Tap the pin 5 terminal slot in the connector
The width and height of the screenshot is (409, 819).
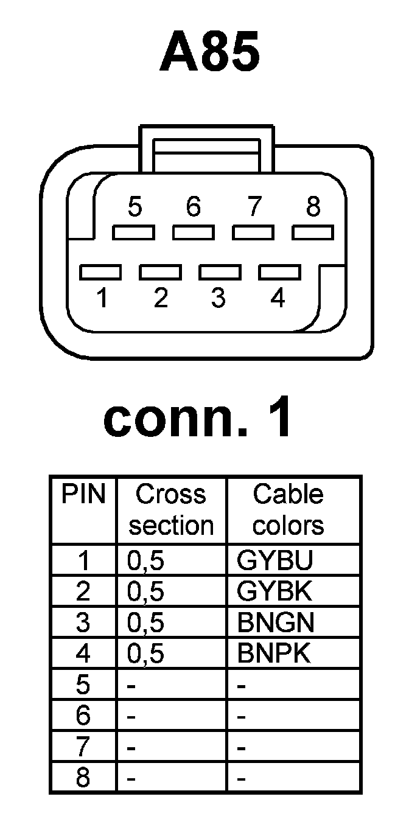(x=133, y=232)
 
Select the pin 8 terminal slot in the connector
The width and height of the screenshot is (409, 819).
(x=313, y=232)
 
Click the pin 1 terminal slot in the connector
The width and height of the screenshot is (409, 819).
(x=100, y=271)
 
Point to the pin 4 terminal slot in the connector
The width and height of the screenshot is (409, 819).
(x=279, y=271)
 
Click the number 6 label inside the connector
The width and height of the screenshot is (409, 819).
(x=193, y=208)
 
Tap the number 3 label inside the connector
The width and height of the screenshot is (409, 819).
(x=218, y=299)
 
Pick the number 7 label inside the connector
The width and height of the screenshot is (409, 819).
(x=254, y=208)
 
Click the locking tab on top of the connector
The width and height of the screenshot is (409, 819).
(x=208, y=148)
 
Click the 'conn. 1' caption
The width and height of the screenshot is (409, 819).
(x=198, y=419)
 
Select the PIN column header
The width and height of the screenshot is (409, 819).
(x=83, y=495)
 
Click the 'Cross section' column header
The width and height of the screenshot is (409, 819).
(x=171, y=510)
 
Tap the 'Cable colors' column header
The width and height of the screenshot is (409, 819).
(x=288, y=510)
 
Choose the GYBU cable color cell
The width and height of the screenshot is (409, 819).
(x=275, y=560)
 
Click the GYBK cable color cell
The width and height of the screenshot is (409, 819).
(x=275, y=591)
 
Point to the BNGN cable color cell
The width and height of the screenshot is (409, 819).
(x=276, y=622)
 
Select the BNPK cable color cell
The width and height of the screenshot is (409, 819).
(x=274, y=653)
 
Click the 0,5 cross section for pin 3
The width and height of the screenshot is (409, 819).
(x=145, y=623)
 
